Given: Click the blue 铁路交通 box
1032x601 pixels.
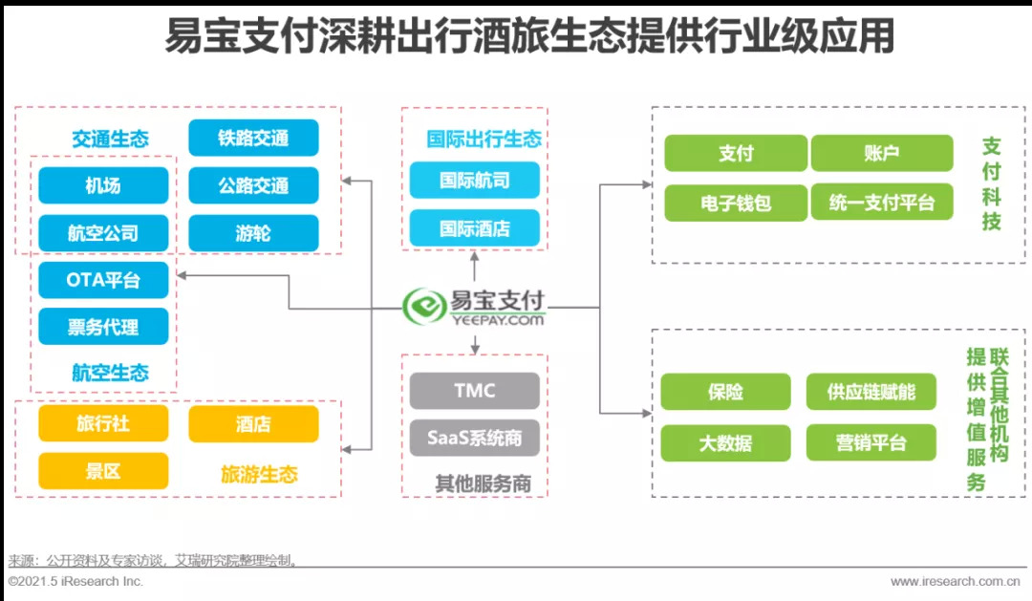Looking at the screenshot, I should click(253, 138).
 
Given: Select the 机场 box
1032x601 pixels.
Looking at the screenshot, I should click(103, 185).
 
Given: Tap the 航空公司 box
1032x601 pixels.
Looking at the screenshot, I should click(103, 232).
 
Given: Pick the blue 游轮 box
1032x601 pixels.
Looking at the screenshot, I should click(253, 232).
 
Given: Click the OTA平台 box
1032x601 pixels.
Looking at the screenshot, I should click(103, 280).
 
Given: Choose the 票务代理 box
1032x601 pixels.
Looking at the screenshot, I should click(103, 327).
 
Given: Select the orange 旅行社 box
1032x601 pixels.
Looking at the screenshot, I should click(103, 423).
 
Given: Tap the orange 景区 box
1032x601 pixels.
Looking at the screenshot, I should click(103, 471).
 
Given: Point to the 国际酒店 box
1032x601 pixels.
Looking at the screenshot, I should click(475, 228).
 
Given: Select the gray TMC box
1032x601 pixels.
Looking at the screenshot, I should click(475, 391).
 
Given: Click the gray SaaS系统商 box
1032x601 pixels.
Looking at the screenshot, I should click(475, 438).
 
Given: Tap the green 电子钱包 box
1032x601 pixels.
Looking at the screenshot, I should click(736, 202).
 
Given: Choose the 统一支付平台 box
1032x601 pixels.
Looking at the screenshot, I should click(881, 202).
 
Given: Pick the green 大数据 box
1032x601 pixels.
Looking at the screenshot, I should click(725, 442).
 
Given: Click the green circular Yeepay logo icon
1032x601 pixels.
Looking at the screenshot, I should click(424, 307).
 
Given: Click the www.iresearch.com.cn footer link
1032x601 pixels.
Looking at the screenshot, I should click(955, 581).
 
